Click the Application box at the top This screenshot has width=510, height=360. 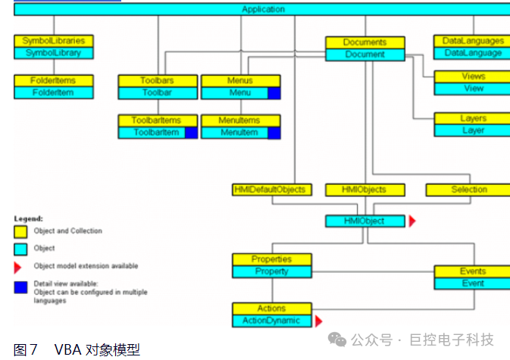263,9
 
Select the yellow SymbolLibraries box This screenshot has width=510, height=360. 53,41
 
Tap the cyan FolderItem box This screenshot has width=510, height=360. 53,92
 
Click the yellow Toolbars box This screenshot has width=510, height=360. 158,80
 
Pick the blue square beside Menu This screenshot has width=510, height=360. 274,92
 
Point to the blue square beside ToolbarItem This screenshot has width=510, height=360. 191,132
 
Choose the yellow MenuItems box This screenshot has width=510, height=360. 239,120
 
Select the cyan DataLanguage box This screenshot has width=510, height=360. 473,53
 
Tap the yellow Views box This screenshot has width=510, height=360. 473,77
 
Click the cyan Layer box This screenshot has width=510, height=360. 473,130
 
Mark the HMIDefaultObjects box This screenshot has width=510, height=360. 270,189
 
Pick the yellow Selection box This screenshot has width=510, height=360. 468,189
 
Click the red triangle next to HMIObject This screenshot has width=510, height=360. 412,221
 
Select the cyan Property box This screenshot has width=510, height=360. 271,271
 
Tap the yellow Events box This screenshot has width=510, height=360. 473,271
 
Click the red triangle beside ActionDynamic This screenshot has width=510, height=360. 319,321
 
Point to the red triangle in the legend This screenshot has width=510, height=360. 18,267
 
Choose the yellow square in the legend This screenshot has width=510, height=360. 20,231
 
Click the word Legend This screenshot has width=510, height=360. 28,218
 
